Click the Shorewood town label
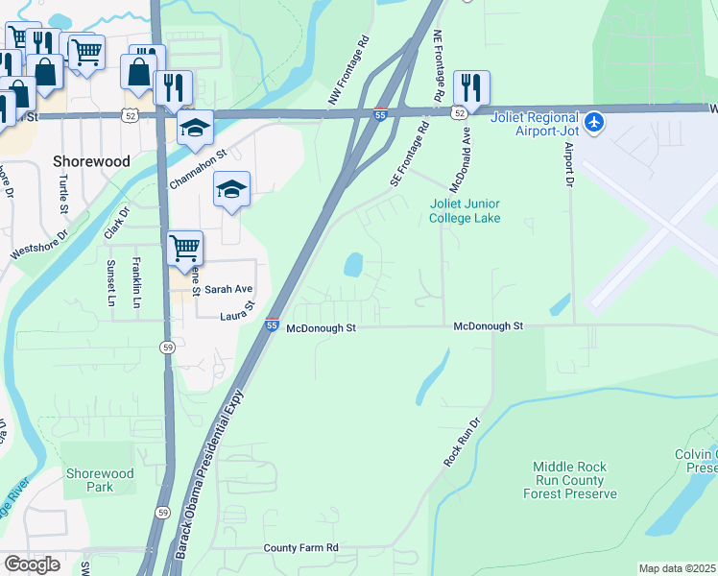coord(92,161)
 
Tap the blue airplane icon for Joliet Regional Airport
coord(595,123)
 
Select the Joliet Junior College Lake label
coord(465,211)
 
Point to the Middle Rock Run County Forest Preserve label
coord(570,480)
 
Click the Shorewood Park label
coord(100,480)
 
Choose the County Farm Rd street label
coord(301,548)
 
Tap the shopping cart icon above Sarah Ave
coord(184,248)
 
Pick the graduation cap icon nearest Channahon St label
coord(195,127)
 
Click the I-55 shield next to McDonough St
coord(273,327)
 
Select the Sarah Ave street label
coord(228,289)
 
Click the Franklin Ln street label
coord(136,283)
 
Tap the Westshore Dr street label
coord(39,245)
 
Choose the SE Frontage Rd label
coord(408,154)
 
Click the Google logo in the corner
coord(32,564)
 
